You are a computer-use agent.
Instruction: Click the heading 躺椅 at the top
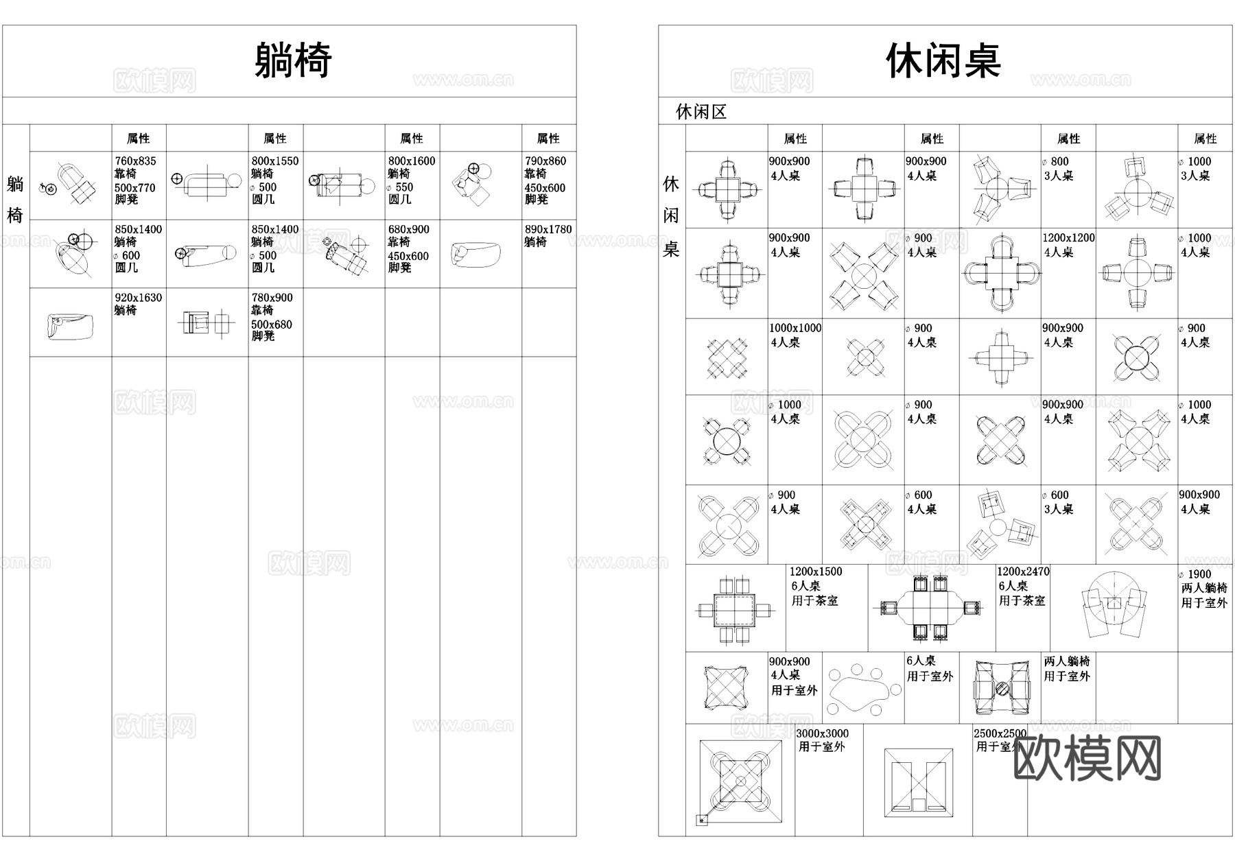pyautogui.click(x=293, y=60)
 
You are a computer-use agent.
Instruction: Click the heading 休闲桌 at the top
pyautogui.click(x=943, y=60)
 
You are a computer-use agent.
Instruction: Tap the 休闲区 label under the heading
pyautogui.click(x=701, y=112)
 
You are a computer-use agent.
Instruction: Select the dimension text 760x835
pyautogui.click(x=135, y=161)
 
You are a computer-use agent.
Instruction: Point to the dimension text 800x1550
pyautogui.click(x=274, y=161)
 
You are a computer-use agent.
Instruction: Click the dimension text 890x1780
pyautogui.click(x=548, y=230)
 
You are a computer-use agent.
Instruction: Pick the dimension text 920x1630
pyautogui.click(x=138, y=298)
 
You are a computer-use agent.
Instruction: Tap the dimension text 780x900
pyautogui.click(x=272, y=298)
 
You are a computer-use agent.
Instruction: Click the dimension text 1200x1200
pyautogui.click(x=1068, y=238)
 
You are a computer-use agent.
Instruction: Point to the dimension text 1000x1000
pyautogui.click(x=795, y=328)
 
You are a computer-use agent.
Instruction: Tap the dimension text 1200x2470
pyautogui.click(x=1022, y=571)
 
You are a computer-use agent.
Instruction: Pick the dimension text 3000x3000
pyautogui.click(x=822, y=733)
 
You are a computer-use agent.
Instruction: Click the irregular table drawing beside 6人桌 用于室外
pyautogui.click(x=863, y=688)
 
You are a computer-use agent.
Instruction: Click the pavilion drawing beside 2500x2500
pyautogui.click(x=918, y=782)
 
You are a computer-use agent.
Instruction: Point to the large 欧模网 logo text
pyautogui.click(x=1087, y=759)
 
